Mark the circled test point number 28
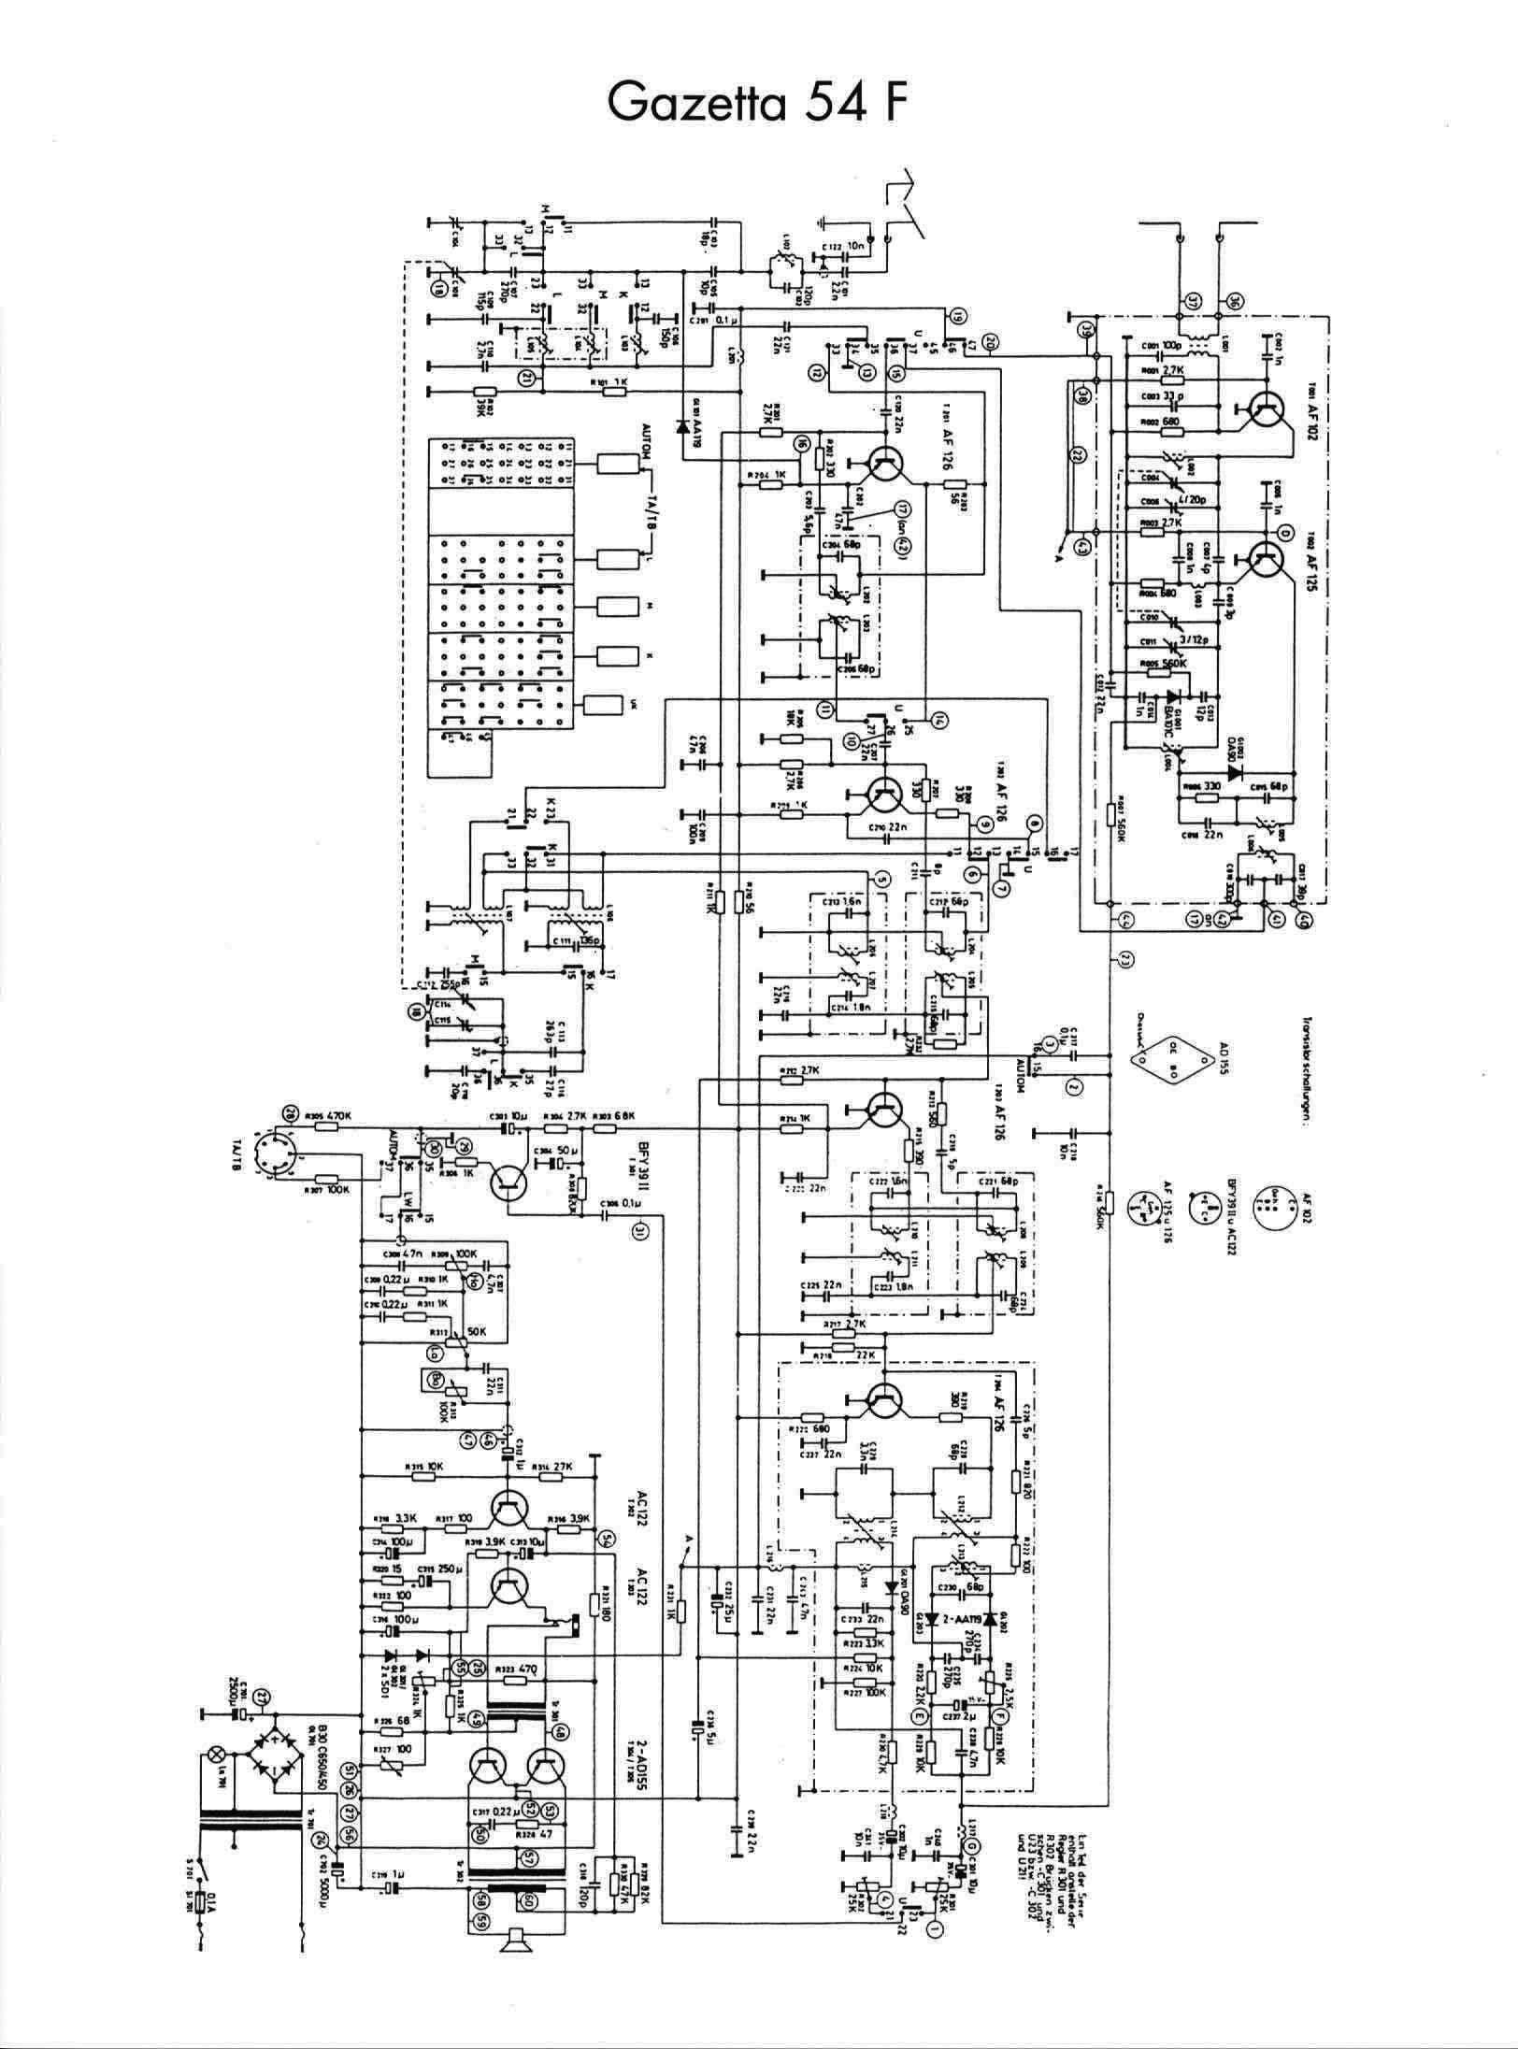point(288,1114)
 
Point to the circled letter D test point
point(1284,533)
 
